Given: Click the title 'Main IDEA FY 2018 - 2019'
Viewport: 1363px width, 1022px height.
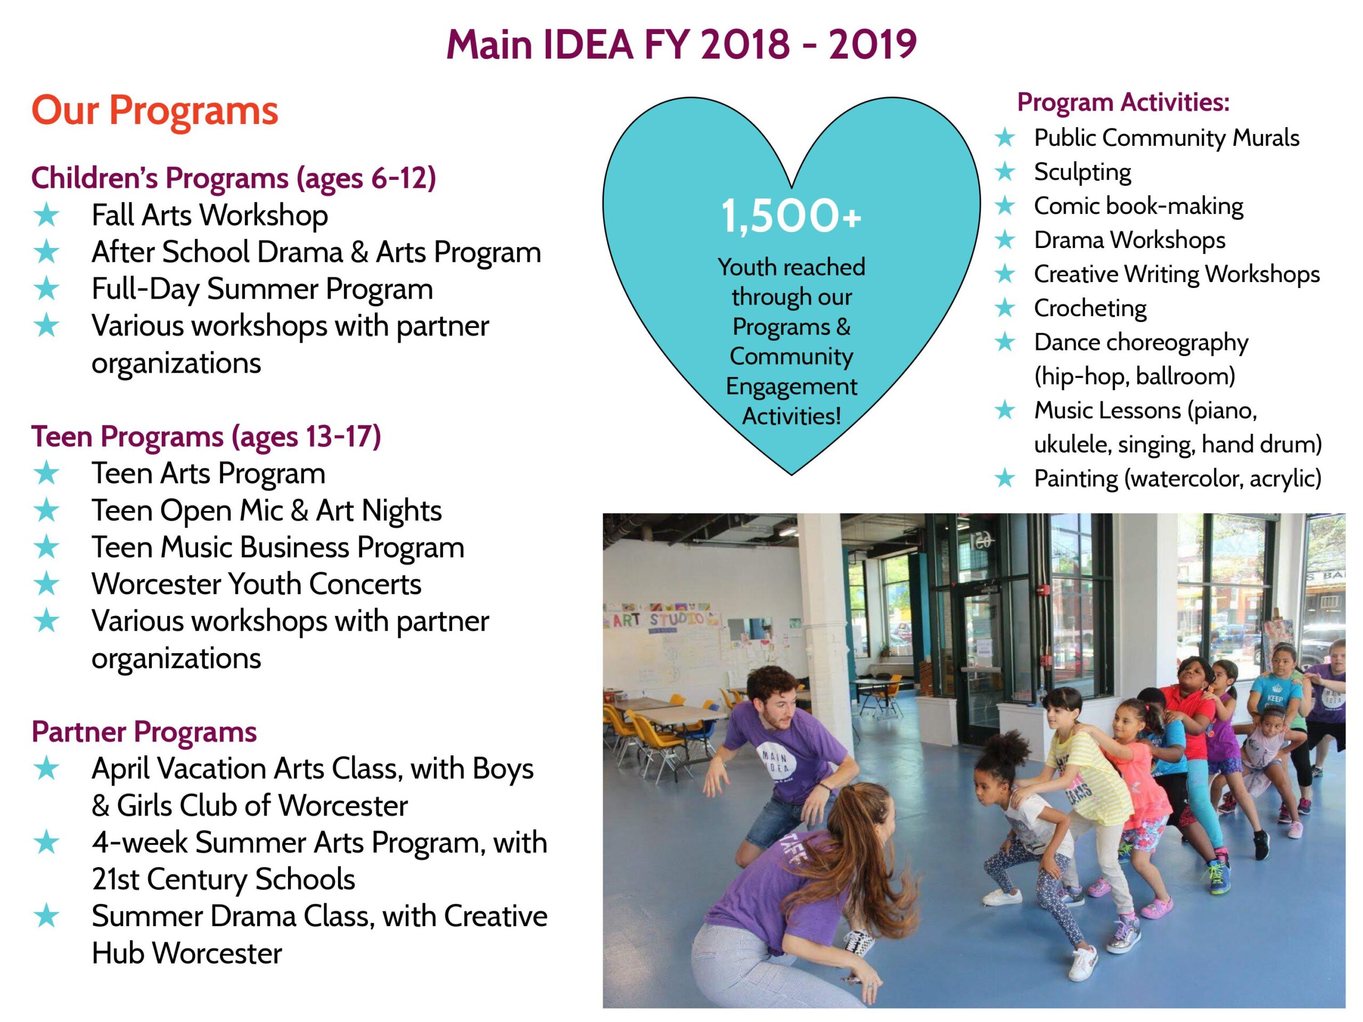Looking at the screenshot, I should coord(681,44).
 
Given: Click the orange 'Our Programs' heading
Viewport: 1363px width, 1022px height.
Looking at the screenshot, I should coord(154,111).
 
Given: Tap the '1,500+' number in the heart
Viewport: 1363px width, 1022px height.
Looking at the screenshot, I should coord(791,216).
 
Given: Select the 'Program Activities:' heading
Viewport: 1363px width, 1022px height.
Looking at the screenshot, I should coord(1123,102).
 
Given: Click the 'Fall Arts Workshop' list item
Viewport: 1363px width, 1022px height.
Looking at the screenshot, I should coord(209,216).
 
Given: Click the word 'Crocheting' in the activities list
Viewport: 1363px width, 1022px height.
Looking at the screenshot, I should coord(1090,308).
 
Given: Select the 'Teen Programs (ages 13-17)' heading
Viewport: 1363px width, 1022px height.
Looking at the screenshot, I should coord(206,437).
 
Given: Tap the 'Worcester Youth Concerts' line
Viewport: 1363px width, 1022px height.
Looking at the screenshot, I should coord(256,584).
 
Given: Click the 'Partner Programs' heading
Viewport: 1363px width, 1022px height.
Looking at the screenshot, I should coord(144,732).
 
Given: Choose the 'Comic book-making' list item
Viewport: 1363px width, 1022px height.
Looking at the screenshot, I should coord(1138,206).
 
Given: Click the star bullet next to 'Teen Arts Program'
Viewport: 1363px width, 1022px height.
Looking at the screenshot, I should coord(47,474).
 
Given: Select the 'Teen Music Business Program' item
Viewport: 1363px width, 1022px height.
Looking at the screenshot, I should coord(278,547).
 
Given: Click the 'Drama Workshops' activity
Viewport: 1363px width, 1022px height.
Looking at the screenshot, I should coord(1129,240).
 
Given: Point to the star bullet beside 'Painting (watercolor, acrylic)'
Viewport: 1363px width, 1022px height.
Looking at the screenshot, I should coord(1005,478).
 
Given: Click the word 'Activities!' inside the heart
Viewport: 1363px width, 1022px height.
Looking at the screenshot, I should coord(791,416).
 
